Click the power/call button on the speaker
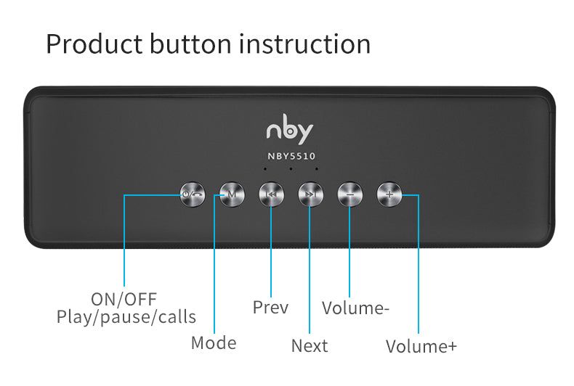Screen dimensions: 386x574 [193, 194]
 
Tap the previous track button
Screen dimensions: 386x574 [271, 194]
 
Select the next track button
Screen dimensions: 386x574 [310, 194]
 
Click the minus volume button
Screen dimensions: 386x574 [349, 194]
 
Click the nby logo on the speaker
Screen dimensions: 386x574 [289, 130]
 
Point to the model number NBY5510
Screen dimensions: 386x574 [289, 155]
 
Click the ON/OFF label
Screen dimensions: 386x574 [124, 299]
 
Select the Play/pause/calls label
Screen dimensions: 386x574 [126, 317]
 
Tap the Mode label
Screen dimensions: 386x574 [214, 342]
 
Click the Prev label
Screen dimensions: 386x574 [270, 308]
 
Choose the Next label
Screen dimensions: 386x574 [310, 346]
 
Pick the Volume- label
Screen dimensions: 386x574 [356, 308]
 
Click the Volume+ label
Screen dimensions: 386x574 [421, 346]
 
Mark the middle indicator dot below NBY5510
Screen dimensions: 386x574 [291, 170]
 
